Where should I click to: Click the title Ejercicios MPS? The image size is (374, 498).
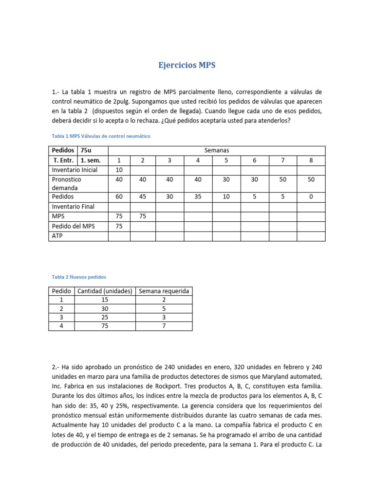[x=187, y=66]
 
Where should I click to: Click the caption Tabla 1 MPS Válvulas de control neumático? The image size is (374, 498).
[x=101, y=136]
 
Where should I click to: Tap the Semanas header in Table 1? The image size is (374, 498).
[x=216, y=150]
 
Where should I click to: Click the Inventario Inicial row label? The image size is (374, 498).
[x=75, y=170]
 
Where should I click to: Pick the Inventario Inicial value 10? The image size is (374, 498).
[x=119, y=170]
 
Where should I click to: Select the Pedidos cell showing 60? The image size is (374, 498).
[x=119, y=197]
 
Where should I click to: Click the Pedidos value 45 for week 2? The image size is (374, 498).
[x=143, y=197]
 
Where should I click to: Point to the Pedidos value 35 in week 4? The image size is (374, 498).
[x=198, y=197]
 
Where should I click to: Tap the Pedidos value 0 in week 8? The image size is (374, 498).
[x=311, y=197]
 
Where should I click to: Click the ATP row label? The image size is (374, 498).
[x=58, y=236]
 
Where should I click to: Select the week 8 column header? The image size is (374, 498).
[x=311, y=160]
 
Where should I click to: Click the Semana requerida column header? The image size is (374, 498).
[x=164, y=291]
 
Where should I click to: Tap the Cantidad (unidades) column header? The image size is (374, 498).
[x=105, y=291]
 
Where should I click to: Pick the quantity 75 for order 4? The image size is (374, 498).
[x=105, y=326]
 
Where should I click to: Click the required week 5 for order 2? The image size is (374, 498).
[x=164, y=308]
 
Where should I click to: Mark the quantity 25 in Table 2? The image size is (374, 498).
[x=105, y=317]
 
